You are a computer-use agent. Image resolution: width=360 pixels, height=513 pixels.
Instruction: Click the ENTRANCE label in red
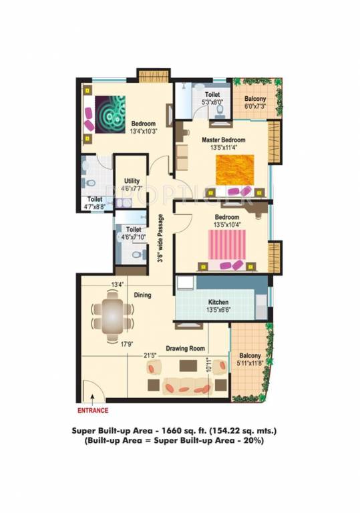(93, 410)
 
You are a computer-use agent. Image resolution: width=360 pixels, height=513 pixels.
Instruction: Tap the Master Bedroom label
(224, 140)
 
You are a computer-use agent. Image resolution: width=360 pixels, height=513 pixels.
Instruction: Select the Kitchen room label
(219, 301)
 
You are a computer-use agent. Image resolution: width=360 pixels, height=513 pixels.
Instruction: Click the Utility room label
(132, 181)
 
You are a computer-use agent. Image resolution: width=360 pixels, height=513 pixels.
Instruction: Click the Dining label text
(142, 295)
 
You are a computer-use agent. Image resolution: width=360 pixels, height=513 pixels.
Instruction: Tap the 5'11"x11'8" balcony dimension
(250, 363)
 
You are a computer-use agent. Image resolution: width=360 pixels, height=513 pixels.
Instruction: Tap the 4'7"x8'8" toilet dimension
(94, 208)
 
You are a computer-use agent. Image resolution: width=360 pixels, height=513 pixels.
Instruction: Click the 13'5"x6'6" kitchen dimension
(218, 309)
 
